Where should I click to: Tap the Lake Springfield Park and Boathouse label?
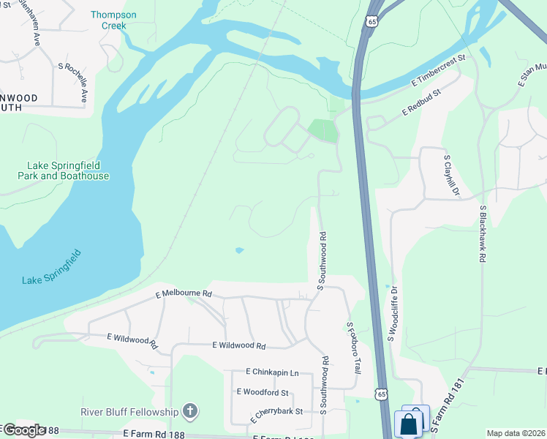67,170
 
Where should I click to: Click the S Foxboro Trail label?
353,348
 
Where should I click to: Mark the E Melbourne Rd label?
184,293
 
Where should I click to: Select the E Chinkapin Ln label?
272,372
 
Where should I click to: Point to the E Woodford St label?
263,392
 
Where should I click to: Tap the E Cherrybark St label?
276,415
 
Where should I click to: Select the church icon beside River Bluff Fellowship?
190,410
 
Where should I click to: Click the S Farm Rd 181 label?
447,410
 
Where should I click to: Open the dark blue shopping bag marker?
407,424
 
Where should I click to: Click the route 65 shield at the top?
374,21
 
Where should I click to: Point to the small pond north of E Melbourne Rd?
239,251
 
